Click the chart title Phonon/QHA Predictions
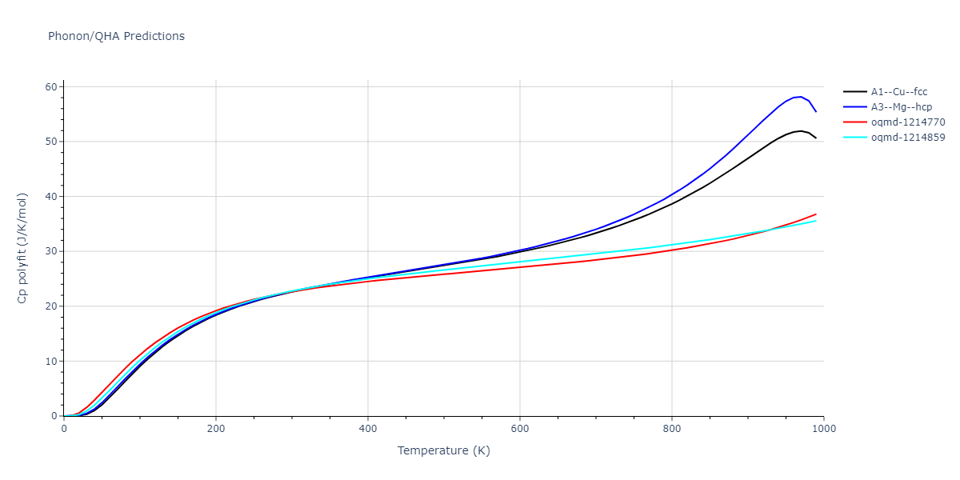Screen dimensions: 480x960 pyautogui.click(x=116, y=36)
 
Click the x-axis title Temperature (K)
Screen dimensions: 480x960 pyautogui.click(x=443, y=450)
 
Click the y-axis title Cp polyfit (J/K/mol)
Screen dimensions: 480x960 pyautogui.click(x=22, y=248)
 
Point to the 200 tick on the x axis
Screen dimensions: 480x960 pyautogui.click(x=216, y=429)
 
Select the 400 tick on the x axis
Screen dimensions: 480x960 pyautogui.click(x=368, y=429)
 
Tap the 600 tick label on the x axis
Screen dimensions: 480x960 pyautogui.click(x=520, y=429)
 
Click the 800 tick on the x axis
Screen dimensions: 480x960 pyautogui.click(x=672, y=429)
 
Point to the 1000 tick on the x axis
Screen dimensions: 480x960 pyautogui.click(x=824, y=429)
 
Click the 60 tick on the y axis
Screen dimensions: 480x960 pyautogui.click(x=50, y=86)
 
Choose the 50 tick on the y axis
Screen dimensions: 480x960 pyautogui.click(x=50, y=142)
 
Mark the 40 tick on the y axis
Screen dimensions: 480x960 pyautogui.click(x=50, y=197)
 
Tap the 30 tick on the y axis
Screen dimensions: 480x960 pyautogui.click(x=50, y=251)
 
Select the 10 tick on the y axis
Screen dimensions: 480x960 pyautogui.click(x=50, y=362)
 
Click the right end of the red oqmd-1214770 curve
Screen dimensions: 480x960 pyautogui.click(x=816, y=214)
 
